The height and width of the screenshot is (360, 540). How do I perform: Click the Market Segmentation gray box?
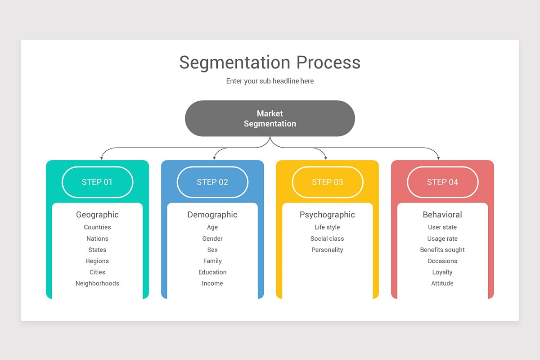(270, 118)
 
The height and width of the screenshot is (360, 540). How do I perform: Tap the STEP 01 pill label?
(97, 182)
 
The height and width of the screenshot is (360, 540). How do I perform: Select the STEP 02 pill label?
(212, 182)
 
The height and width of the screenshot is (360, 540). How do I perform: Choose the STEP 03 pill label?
(328, 182)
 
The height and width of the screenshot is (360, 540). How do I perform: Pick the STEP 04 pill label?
(442, 182)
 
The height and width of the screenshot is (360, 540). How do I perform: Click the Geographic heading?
(97, 215)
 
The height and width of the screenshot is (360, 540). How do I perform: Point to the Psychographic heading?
(327, 215)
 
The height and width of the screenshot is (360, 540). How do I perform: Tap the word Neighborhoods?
(97, 283)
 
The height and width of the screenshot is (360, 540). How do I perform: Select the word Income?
(212, 283)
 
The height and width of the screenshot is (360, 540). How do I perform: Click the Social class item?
(327, 238)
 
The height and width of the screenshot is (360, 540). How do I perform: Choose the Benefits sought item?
(442, 250)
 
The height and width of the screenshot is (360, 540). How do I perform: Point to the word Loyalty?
(442, 272)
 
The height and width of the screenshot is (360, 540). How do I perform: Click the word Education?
(212, 272)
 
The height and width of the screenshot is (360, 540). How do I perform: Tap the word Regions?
(97, 261)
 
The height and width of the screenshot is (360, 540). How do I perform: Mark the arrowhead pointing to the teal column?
(102, 158)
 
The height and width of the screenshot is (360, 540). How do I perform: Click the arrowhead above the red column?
(438, 158)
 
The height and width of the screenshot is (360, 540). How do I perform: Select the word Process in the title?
(328, 63)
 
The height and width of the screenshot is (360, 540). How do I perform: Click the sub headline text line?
(270, 81)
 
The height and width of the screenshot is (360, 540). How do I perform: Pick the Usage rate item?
(442, 238)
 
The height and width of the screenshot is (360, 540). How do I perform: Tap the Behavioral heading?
(442, 215)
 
